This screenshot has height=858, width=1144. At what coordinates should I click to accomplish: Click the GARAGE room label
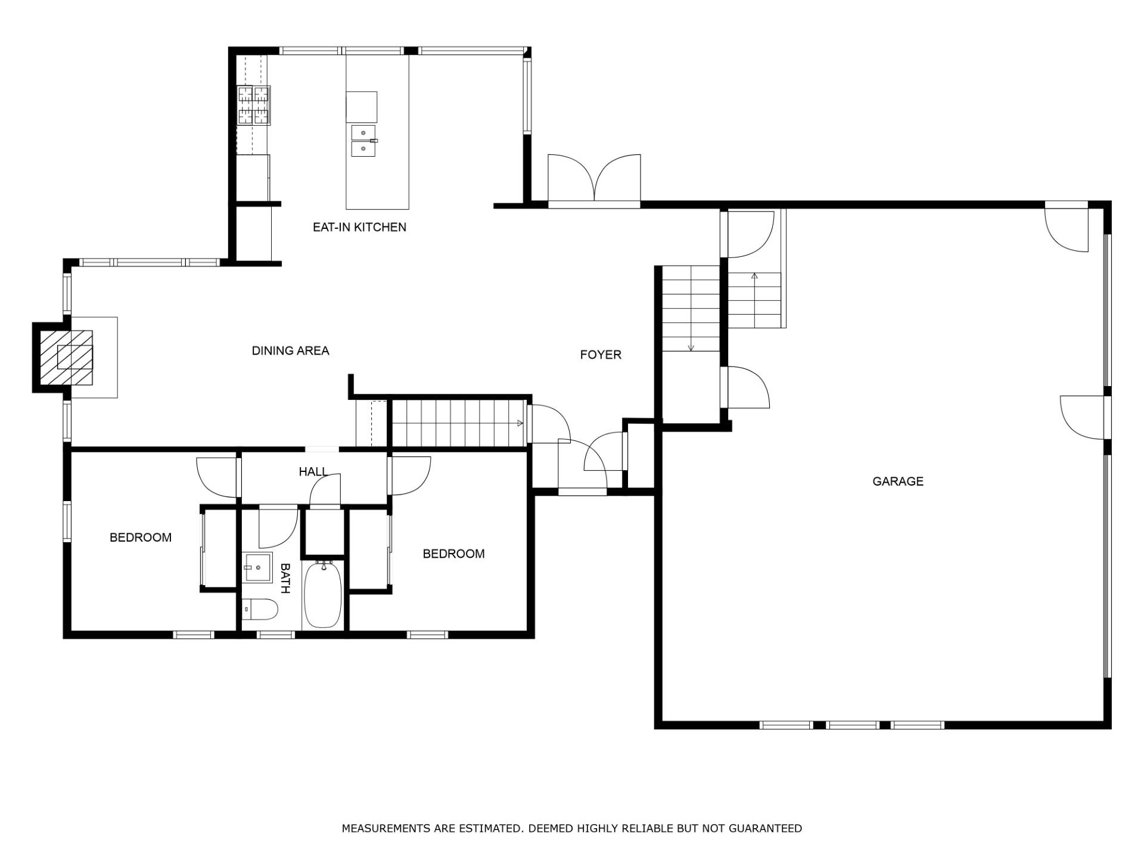click(898, 481)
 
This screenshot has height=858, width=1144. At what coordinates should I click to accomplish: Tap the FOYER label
click(601, 355)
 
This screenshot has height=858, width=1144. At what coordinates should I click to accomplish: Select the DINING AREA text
click(290, 351)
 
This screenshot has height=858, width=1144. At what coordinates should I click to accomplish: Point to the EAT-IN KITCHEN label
click(359, 227)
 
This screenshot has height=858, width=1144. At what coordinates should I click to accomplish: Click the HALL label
click(313, 472)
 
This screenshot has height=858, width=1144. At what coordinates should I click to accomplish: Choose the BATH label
click(285, 578)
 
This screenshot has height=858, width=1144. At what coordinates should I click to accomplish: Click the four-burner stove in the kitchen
click(254, 105)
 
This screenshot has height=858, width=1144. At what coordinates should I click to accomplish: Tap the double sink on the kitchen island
click(363, 141)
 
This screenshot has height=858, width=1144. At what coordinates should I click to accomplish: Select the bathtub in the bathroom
click(323, 594)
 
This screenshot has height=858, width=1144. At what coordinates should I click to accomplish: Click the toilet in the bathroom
click(260, 610)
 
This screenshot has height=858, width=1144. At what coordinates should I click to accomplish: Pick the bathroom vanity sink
click(257, 568)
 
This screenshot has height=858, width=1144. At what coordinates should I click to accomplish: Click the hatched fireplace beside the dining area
click(66, 357)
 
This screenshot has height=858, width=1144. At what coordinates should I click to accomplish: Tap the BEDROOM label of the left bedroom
click(141, 537)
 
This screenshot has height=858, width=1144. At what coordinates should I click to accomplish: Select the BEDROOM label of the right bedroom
click(453, 554)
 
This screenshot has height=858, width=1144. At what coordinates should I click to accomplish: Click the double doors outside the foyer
click(594, 179)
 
